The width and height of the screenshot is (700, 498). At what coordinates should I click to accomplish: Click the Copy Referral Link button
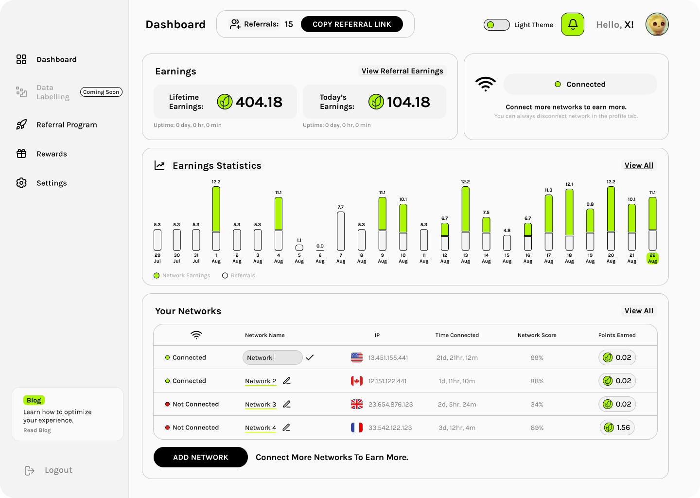click(351, 24)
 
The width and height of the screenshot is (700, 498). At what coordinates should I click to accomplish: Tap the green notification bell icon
click(573, 24)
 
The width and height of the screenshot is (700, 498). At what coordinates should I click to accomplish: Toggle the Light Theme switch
click(496, 25)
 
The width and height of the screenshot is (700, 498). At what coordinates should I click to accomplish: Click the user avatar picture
click(657, 24)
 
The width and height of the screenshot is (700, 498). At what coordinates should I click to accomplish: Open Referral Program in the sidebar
click(67, 124)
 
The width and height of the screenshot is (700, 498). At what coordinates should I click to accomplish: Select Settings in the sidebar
click(52, 183)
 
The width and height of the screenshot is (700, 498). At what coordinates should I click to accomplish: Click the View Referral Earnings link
click(402, 71)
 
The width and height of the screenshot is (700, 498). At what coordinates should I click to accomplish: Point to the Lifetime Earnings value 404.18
click(259, 102)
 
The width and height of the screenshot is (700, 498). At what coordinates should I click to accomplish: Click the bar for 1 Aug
click(216, 218)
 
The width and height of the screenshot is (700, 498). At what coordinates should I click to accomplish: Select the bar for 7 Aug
click(341, 231)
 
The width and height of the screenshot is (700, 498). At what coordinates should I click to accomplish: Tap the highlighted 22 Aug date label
click(652, 258)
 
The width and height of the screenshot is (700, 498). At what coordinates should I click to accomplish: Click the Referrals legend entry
click(239, 275)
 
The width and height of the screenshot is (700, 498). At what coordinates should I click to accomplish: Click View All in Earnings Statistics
click(639, 165)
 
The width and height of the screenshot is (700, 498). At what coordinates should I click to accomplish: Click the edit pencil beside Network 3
click(287, 404)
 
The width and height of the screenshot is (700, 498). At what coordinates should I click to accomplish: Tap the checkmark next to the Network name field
click(310, 357)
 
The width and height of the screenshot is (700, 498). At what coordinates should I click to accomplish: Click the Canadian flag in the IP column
click(357, 381)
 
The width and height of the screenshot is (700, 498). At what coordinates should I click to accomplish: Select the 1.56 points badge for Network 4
click(617, 427)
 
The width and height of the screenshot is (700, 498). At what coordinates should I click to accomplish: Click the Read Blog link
click(37, 430)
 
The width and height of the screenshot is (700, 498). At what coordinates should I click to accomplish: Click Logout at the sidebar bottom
click(58, 470)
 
